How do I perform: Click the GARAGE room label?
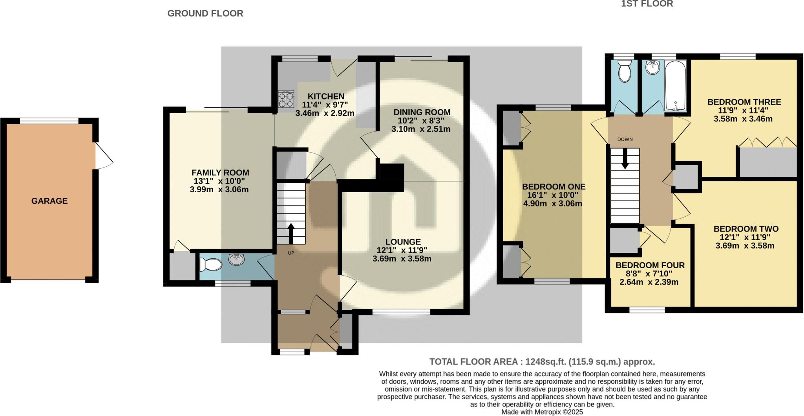tap(49, 201)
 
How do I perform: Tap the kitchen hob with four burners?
tap(286, 99)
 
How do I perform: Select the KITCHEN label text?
tap(326, 96)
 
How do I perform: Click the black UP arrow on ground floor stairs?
tap(291, 234)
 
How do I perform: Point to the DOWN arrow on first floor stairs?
tap(625, 159)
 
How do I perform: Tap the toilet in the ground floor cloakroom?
tap(210, 265)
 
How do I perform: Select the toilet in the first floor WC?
tap(624, 72)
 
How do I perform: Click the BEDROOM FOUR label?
tap(650, 265)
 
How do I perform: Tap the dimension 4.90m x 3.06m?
tap(552, 204)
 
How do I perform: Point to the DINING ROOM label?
tap(422, 112)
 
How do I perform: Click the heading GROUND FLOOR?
tap(205, 13)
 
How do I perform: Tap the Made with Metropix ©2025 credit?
tap(542, 412)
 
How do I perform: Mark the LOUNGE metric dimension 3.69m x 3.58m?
tap(402, 259)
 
